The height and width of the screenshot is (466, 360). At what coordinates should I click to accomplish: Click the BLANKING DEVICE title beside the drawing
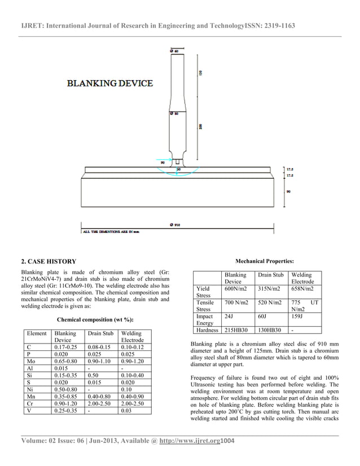point(110,83)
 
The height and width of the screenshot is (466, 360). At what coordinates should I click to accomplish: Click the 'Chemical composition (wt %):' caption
point(95,319)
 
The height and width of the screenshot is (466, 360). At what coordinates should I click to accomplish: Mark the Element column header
point(37,333)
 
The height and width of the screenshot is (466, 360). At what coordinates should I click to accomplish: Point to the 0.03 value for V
point(127,411)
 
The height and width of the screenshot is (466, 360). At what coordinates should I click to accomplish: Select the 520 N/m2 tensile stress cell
point(271,303)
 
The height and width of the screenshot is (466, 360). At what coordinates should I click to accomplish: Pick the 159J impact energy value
point(297,318)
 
